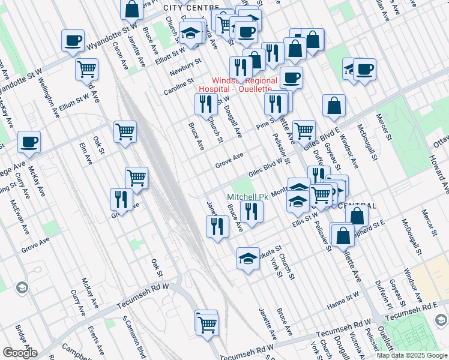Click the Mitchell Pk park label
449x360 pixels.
point(247,197)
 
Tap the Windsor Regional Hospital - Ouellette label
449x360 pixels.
point(244,85)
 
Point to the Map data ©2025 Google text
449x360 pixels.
point(412,355)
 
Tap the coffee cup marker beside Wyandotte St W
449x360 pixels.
point(73,41)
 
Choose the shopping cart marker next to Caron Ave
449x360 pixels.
point(86,70)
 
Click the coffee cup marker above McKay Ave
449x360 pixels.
point(29,142)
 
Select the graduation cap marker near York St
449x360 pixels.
point(248,259)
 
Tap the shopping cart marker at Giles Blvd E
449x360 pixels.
point(304,130)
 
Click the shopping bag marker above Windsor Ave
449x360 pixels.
point(334,106)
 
